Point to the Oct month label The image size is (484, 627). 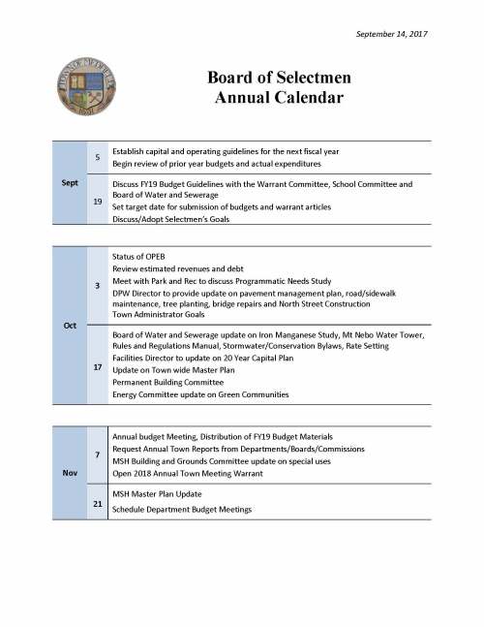tap(70, 325)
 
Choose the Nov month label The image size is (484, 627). tap(70, 472)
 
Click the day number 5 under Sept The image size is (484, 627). tap(98, 158)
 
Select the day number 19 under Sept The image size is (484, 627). tap(98, 201)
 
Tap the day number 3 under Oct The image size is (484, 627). tap(98, 286)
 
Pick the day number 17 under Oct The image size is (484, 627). tap(98, 367)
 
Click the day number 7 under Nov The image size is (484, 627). tap(98, 455)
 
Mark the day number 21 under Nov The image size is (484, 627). tap(98, 503)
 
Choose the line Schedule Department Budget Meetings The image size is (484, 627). tap(182, 510)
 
